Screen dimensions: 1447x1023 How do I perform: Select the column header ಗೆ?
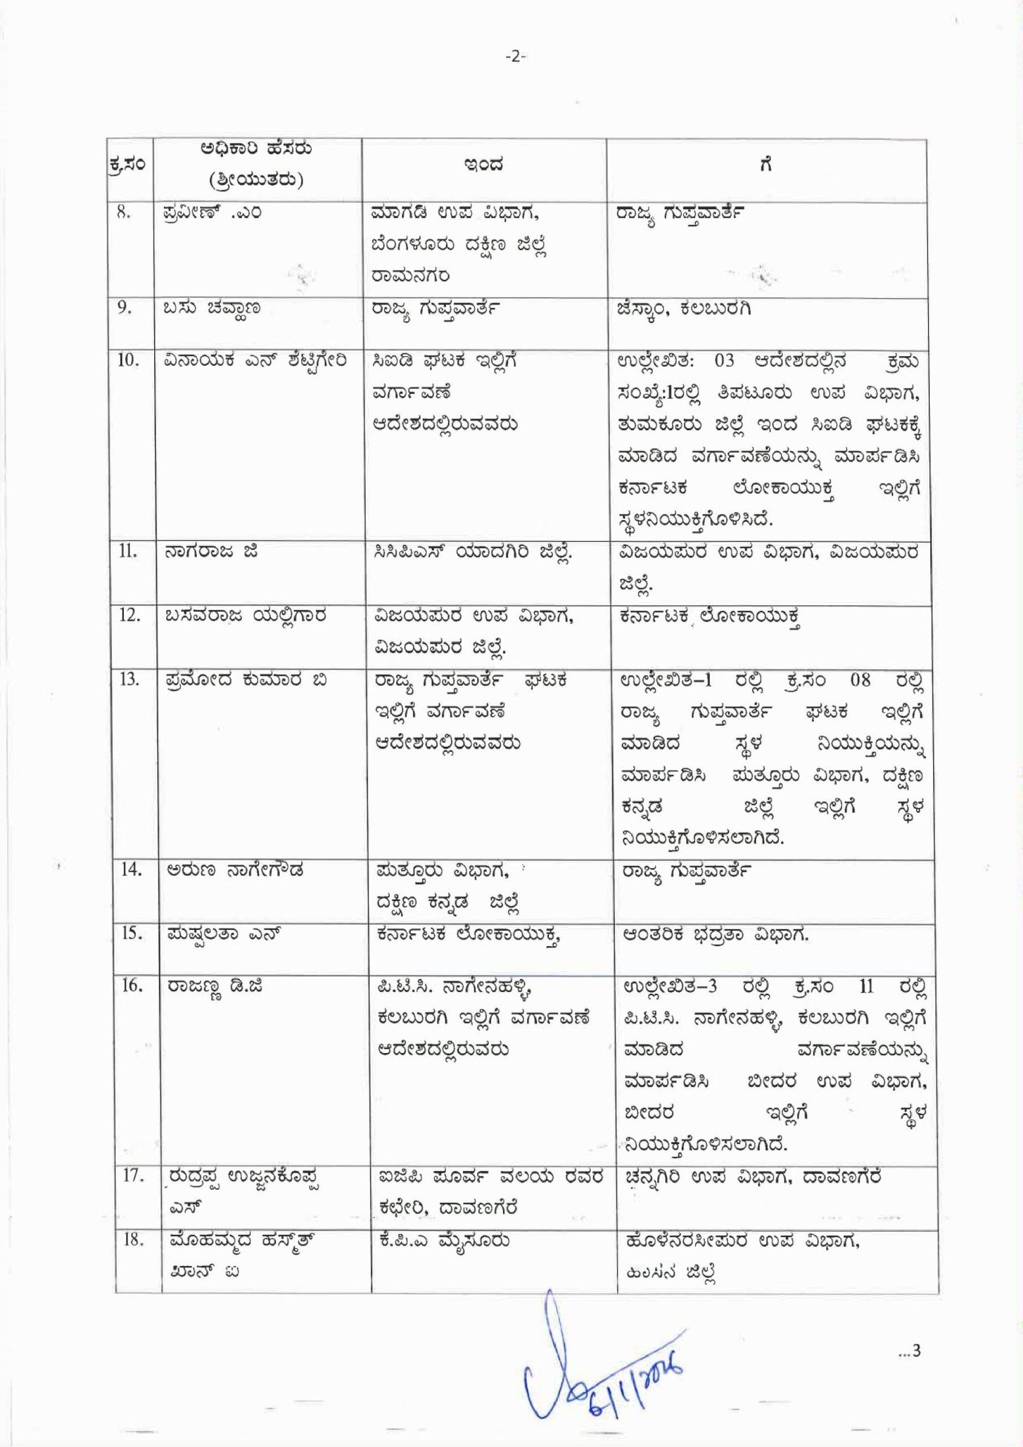coord(766,166)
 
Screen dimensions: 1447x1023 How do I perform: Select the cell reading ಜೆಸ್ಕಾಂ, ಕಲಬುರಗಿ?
coord(685,309)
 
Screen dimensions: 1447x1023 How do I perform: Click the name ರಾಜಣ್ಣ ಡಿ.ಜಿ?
coord(214,986)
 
